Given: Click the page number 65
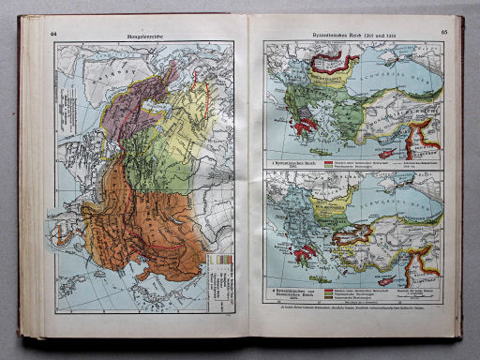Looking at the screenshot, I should point(436,35).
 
